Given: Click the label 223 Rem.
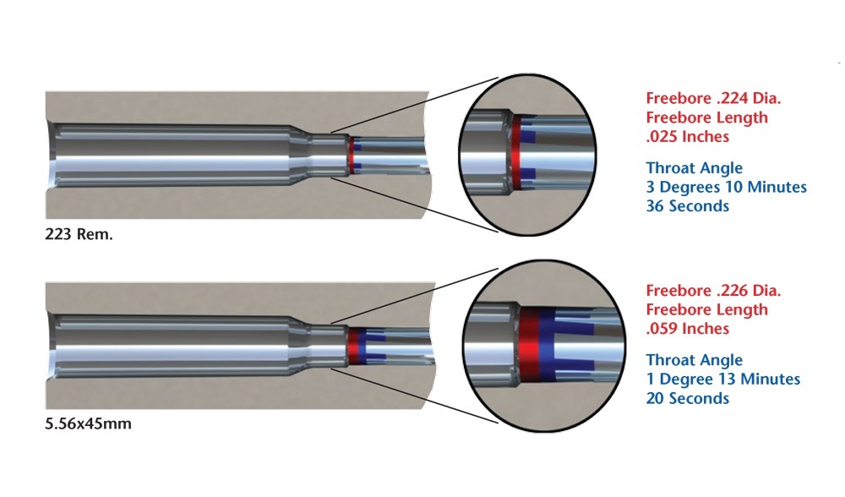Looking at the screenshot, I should [79, 233].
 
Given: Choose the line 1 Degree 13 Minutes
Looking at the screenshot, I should [722, 379].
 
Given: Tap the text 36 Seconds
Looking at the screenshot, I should [687, 205].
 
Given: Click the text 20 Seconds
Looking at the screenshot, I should [687, 398].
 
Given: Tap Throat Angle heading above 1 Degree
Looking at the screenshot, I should [694, 359].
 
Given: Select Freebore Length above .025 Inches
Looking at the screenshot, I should [706, 117].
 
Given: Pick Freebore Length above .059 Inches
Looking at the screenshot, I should [706, 309].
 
